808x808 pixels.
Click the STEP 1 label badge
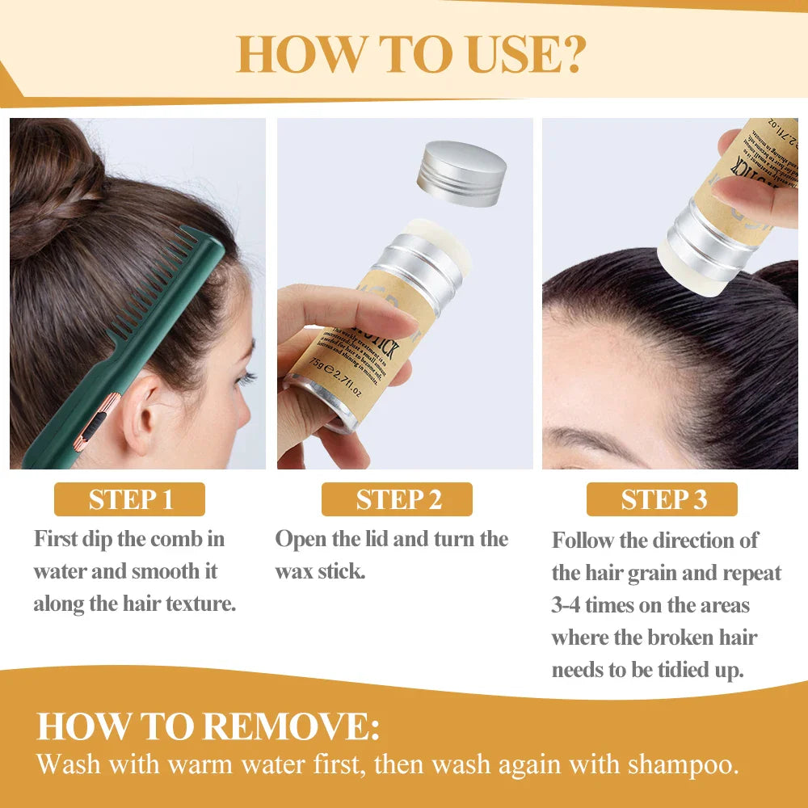point(129,499)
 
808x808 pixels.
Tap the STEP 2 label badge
point(398,499)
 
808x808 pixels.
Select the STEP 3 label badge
point(662,499)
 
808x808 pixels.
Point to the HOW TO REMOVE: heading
point(208,726)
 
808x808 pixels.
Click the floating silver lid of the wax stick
point(461,173)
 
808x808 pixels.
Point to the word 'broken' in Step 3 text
point(684,638)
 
